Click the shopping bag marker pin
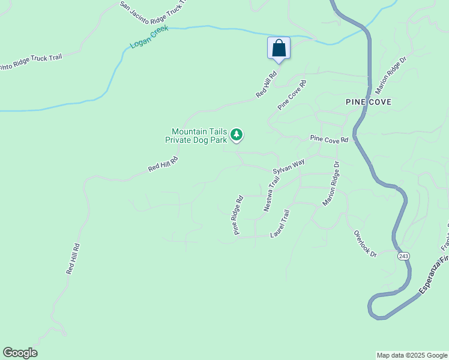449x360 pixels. tap(279, 48)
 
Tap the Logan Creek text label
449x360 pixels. tap(149, 37)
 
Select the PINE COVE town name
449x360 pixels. tap(369, 102)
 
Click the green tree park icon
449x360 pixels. tap(237, 135)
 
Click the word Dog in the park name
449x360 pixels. tap(204, 140)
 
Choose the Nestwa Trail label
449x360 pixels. tap(272, 194)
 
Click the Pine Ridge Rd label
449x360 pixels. tap(238, 215)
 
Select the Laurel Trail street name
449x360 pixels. tap(280, 224)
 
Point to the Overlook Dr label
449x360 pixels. tap(365, 244)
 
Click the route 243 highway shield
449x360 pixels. tap(403, 256)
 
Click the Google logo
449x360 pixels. tap(20, 353)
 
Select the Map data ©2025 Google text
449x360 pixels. tap(411, 355)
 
